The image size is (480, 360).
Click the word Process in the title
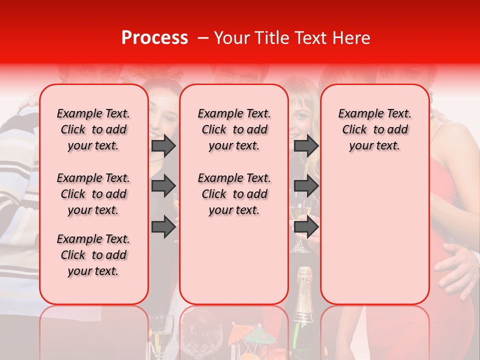[154, 38]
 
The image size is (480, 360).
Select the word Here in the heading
[351, 38]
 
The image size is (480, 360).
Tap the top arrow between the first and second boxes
[163, 145]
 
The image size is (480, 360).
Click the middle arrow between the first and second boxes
[163, 186]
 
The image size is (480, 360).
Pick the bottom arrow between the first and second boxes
[163, 227]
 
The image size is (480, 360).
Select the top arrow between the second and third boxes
[306, 145]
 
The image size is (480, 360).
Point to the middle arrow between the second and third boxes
[306, 186]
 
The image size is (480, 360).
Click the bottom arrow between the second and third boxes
[306, 227]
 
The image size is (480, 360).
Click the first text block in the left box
[93, 129]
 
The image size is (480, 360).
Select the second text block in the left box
[93, 194]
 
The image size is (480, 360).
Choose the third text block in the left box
[93, 255]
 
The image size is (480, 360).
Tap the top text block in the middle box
[234, 129]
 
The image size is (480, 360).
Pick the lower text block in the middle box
[234, 194]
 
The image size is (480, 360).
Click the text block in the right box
[374, 129]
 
